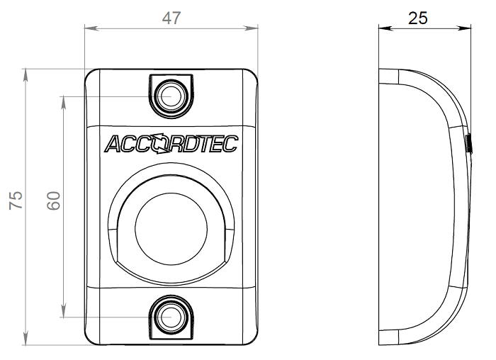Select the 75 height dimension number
pyautogui.click(x=16, y=201)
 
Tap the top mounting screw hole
pyautogui.click(x=170, y=96)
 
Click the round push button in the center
pyautogui.click(x=170, y=228)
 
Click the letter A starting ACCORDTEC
pyautogui.click(x=114, y=144)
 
